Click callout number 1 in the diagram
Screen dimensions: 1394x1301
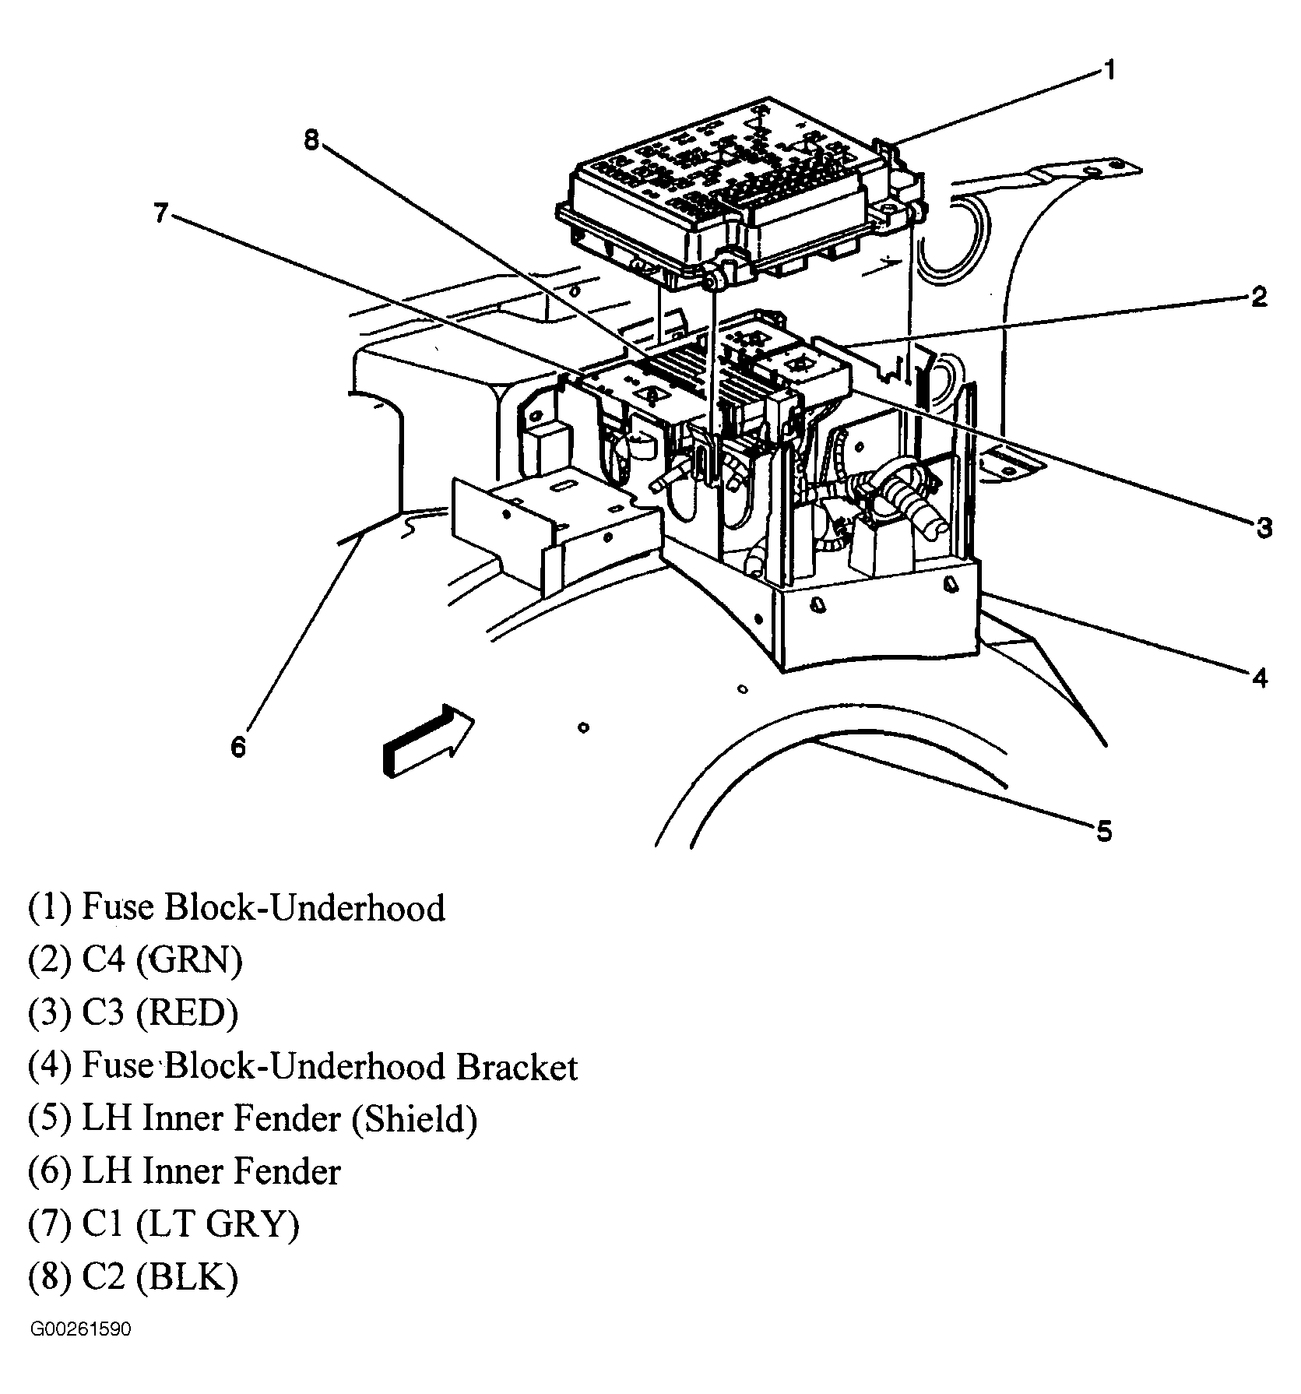(1109, 71)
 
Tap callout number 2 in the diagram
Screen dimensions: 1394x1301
(1259, 297)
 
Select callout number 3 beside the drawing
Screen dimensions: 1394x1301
(1263, 528)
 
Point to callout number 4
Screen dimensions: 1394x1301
(1260, 678)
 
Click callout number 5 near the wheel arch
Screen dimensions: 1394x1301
(1104, 831)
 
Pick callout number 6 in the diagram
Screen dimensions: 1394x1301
(238, 747)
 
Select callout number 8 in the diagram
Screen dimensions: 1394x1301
(311, 141)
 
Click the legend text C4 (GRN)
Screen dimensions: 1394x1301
(135, 960)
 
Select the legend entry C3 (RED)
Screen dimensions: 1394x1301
(133, 1013)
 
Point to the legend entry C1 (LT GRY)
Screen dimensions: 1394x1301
(164, 1224)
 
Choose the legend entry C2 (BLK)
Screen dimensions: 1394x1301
(133, 1277)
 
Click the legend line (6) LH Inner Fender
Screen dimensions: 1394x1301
(185, 1172)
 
